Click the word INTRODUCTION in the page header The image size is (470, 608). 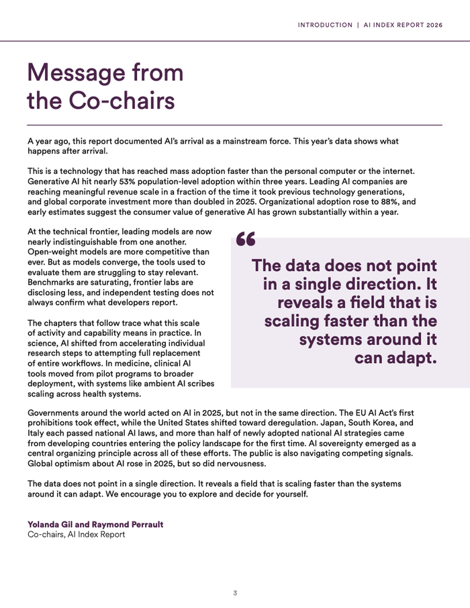(x=325, y=25)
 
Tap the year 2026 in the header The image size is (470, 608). (x=430, y=25)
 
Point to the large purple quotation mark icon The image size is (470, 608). (x=246, y=240)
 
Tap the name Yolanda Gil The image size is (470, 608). (x=54, y=524)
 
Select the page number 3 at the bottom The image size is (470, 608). (x=235, y=593)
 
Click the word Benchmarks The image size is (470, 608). (x=53, y=283)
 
